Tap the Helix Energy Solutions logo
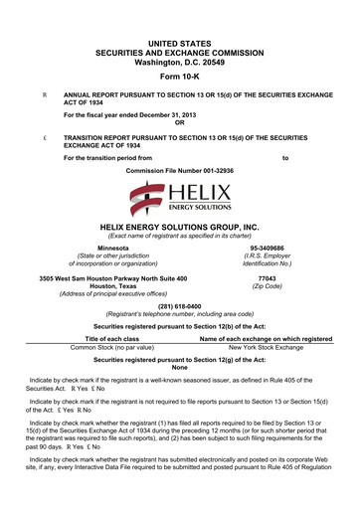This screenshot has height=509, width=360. coord(179,199)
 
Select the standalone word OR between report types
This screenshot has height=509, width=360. coord(179,122)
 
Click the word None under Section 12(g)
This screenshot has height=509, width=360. coord(179,369)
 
